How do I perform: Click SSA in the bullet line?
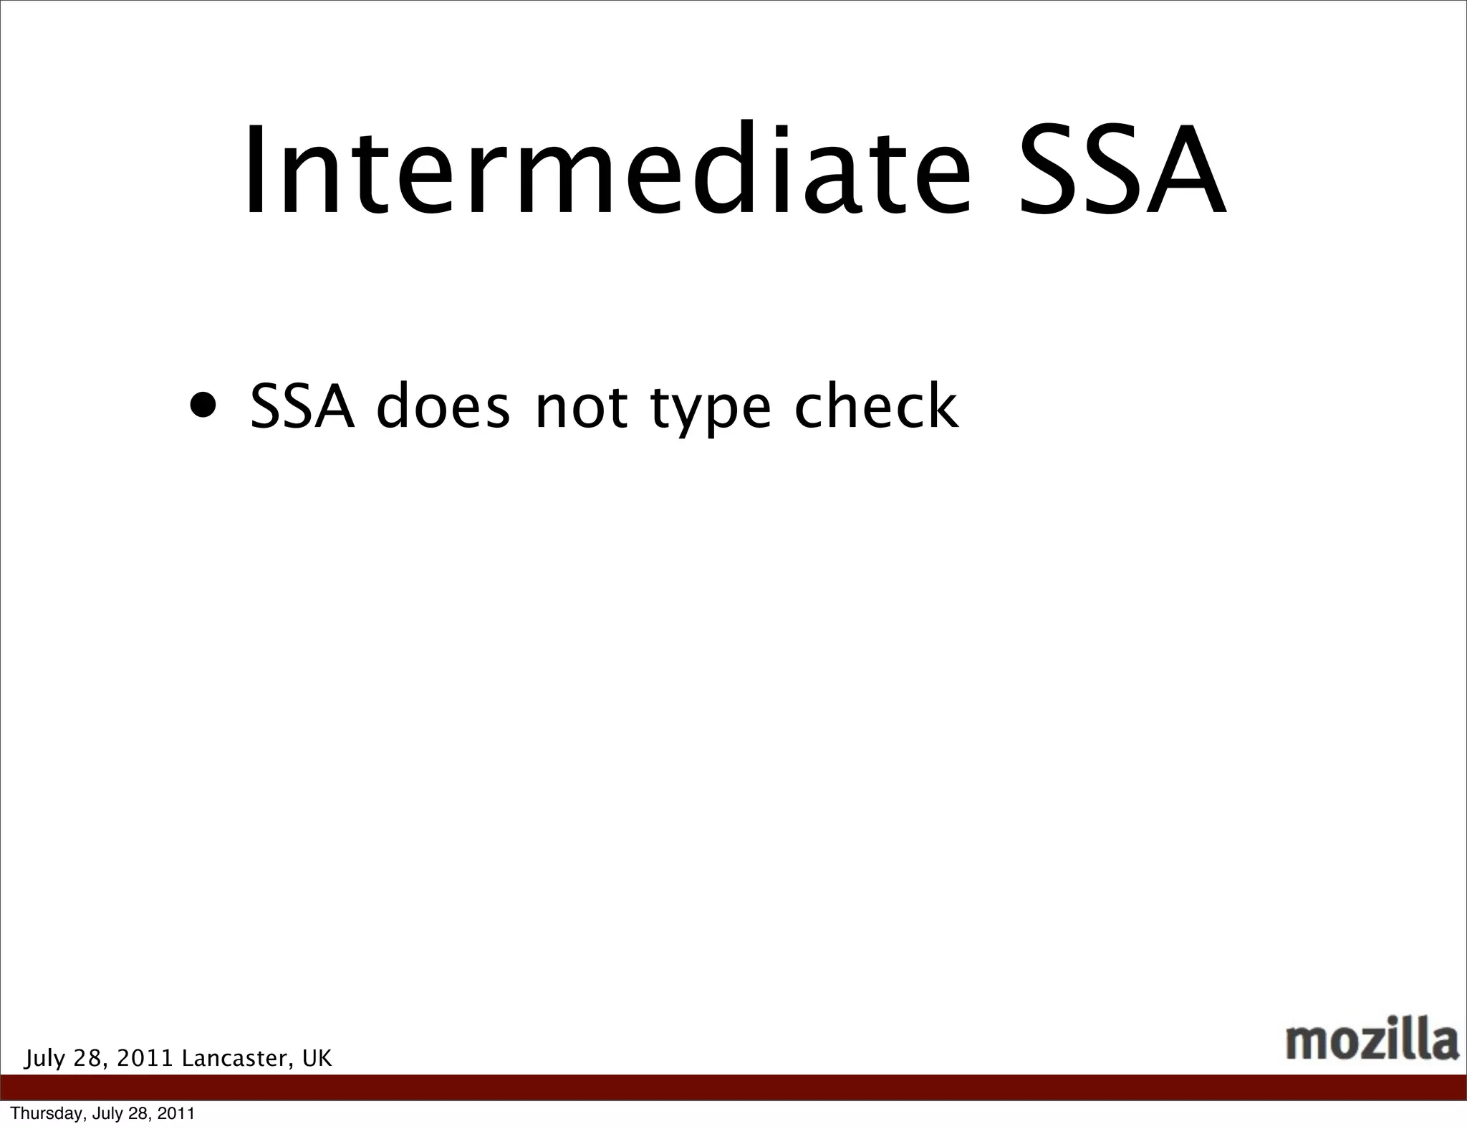(x=302, y=407)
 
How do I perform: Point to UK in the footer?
(x=317, y=1058)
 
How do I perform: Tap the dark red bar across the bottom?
(x=733, y=1087)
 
